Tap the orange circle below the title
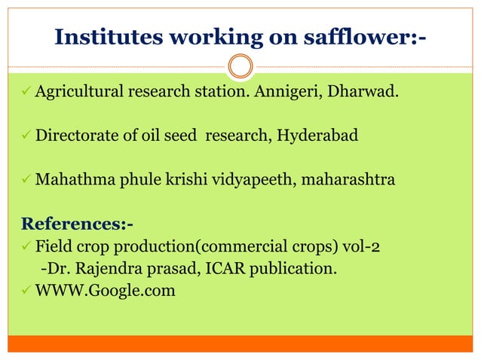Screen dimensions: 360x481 point(240,67)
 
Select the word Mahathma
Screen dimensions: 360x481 point(69,181)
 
